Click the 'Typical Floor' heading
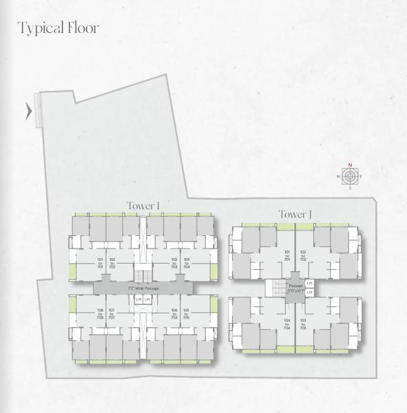pyautogui.click(x=59, y=28)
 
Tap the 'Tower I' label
pyautogui.click(x=143, y=205)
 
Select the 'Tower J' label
pyautogui.click(x=295, y=215)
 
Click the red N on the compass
pyautogui.click(x=350, y=165)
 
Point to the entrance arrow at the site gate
pyautogui.click(x=28, y=111)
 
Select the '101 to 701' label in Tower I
pyautogui.click(x=101, y=262)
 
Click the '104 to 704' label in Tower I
pyautogui.click(x=186, y=262)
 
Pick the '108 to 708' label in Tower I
pyautogui.click(x=101, y=314)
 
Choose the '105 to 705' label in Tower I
pyautogui.click(x=186, y=314)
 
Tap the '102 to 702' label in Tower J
pyautogui.click(x=304, y=256)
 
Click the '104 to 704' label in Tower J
pyautogui.click(x=287, y=324)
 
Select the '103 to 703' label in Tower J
pyautogui.click(x=304, y=324)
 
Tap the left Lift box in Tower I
pyautogui.click(x=138, y=300)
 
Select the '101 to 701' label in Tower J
pyautogui.click(x=287, y=256)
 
